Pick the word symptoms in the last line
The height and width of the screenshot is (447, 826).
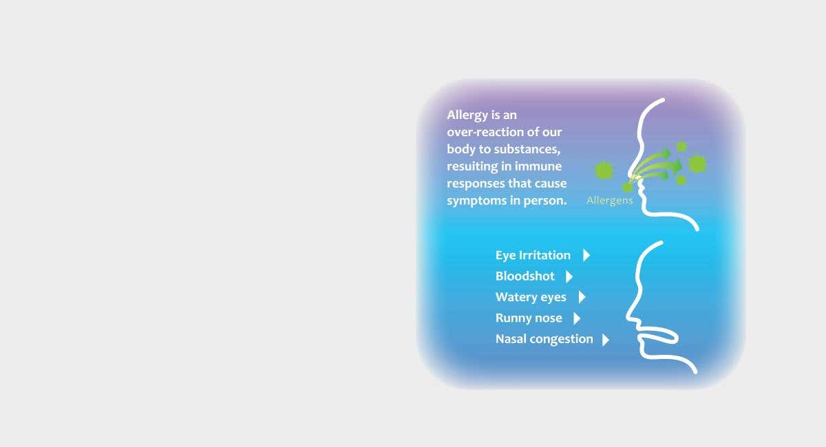tap(476, 201)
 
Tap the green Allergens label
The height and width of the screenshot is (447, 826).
tap(610, 201)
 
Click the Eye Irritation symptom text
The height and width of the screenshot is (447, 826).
tap(533, 255)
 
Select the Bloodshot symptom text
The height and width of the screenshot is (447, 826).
tap(525, 276)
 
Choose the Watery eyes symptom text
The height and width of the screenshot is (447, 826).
tap(531, 297)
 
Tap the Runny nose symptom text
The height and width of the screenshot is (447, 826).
tap(529, 318)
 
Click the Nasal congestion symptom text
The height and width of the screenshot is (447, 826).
tap(544, 340)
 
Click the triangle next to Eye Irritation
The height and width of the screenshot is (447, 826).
tap(586, 255)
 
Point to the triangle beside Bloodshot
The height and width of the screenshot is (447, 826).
tap(569, 276)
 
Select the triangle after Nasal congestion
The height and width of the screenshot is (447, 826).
tap(606, 340)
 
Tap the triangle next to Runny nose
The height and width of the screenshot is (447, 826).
tap(577, 318)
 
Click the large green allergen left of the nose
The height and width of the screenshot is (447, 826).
tap(604, 171)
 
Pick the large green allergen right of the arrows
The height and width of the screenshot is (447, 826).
tap(697, 164)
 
